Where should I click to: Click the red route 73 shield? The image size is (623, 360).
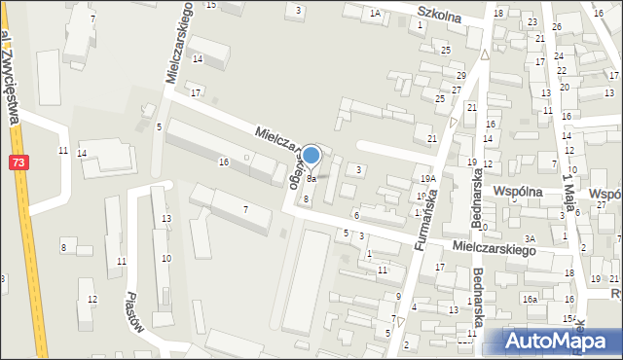19,164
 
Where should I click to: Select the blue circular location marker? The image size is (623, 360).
311,157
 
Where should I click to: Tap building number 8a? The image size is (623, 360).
311,179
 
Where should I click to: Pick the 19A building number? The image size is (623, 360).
426,180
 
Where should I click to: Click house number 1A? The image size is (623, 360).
375,13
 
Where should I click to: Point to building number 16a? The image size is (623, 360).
529,299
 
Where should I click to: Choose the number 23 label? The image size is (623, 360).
531,21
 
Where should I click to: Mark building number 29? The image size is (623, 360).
460,75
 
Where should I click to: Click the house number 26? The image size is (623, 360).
557,26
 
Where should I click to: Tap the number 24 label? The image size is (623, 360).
560,56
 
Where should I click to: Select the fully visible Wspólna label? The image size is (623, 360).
517,193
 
